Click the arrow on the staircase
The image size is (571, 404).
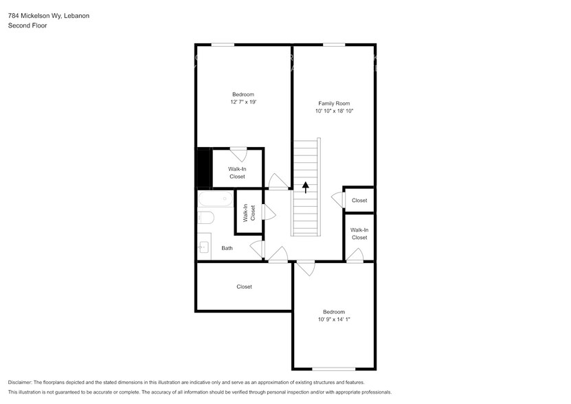coord(306,188)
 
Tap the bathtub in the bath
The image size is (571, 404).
coord(216,199)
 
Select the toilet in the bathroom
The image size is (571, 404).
coord(205,218)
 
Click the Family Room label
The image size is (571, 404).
coord(334,104)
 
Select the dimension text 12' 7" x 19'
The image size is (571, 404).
coord(243,102)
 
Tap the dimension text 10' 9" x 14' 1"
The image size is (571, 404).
coord(334,319)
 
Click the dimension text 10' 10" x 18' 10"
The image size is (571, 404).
coord(335,111)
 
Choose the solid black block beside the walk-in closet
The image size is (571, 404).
coord(204,168)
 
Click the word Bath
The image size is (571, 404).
coord(227,248)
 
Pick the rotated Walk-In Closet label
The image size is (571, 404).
coord(249,213)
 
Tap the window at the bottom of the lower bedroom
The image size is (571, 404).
coord(333,369)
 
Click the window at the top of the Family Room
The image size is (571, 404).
coord(334,45)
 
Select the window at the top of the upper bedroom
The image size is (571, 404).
coord(223,45)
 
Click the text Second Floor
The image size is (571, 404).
coord(27,25)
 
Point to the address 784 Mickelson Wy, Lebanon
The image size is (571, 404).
coord(48,16)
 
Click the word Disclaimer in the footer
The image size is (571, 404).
coord(20,383)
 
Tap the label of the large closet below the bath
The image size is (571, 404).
coord(244,287)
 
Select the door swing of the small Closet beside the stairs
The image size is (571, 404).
coord(338,200)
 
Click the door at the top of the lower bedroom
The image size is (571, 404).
coord(306,268)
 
